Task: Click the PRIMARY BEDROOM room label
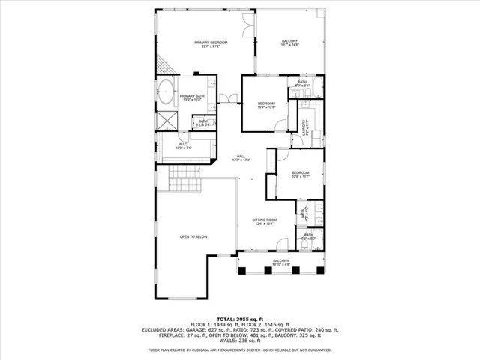point(211,44)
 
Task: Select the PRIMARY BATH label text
point(192,97)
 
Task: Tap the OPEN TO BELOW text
point(193,237)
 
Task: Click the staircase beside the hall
point(184,178)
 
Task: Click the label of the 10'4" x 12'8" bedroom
point(267,105)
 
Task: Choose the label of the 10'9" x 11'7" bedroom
point(301,174)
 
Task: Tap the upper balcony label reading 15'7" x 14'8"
point(290,43)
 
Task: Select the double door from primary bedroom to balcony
point(247,28)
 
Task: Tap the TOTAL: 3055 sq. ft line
point(239,319)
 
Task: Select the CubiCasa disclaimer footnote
point(239,349)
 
